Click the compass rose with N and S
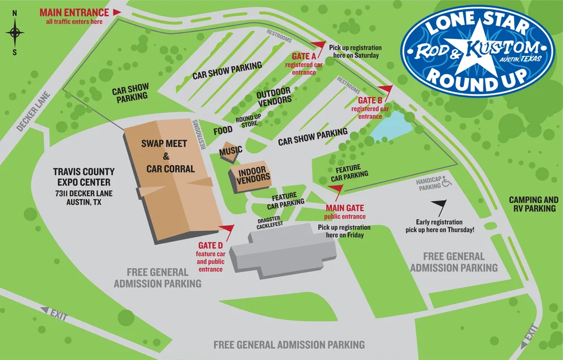pyautogui.click(x=15, y=33)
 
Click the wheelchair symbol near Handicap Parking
pyautogui.click(x=447, y=181)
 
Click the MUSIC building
pyautogui.click(x=231, y=150)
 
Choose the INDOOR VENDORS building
pyautogui.click(x=251, y=176)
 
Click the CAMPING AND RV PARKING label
pyautogui.click(x=533, y=204)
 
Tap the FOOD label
pyautogui.click(x=223, y=131)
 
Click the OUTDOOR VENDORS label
pyautogui.click(x=275, y=96)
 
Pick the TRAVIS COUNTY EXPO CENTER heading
pyautogui.click(x=83, y=177)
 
